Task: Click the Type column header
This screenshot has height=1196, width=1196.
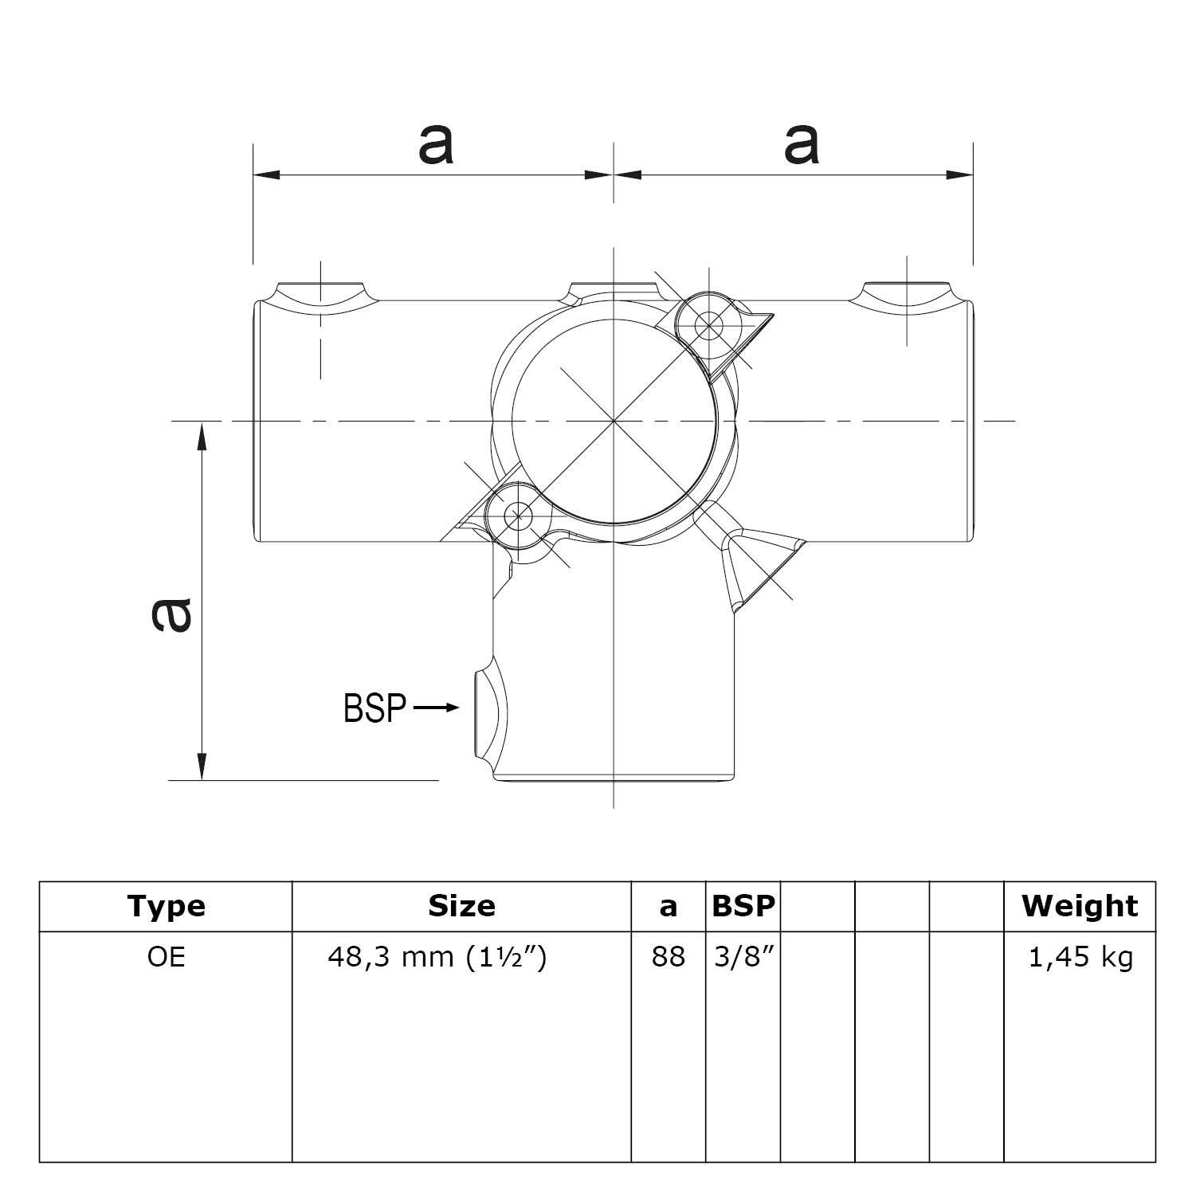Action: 166,906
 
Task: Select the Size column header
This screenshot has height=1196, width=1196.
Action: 461,906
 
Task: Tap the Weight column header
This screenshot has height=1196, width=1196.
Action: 1080,906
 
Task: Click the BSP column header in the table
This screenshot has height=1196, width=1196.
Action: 743,906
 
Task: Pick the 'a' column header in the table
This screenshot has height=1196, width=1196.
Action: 668,907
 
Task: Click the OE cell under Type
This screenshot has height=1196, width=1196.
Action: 166,957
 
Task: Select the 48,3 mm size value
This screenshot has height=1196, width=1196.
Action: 437,957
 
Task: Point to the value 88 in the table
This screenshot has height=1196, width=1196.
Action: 668,957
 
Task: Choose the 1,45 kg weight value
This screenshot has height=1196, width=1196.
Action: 1080,957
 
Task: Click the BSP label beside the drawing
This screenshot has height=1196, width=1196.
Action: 374,708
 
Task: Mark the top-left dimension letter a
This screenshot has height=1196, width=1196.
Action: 435,145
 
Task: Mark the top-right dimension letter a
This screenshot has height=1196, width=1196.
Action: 801,145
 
